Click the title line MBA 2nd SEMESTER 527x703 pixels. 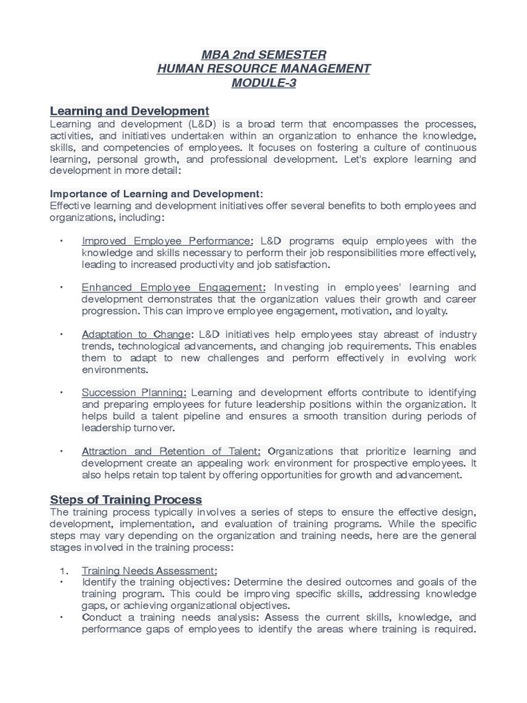coord(263,54)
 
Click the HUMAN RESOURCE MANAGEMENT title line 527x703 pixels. coord(263,69)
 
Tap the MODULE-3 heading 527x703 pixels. coord(263,83)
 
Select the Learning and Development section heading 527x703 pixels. coord(129,111)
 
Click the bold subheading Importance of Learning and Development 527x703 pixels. coord(156,194)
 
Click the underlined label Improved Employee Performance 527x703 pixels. coord(167,241)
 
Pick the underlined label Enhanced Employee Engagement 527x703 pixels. coord(173,288)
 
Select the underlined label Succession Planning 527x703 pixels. coord(134,393)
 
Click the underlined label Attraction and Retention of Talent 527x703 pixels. coord(171,451)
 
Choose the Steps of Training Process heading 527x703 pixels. coord(126,499)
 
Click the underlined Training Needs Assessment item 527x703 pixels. coord(149,571)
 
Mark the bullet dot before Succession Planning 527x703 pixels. coord(62,393)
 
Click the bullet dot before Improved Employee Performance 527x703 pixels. coord(62,241)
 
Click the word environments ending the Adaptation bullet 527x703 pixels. coord(115,369)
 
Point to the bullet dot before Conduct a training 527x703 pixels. coord(62,617)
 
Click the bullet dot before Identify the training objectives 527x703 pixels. coord(62,582)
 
